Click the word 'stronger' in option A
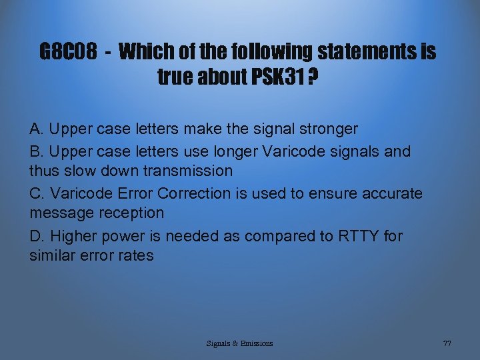[x=327, y=129]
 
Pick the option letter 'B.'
[x=37, y=151]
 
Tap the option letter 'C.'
[x=37, y=193]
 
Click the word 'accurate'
[x=389, y=193]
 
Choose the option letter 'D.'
[x=37, y=236]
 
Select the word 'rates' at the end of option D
[x=135, y=255]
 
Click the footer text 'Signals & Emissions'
[x=239, y=343]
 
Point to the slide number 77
[x=447, y=343]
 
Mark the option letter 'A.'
[x=37, y=129]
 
